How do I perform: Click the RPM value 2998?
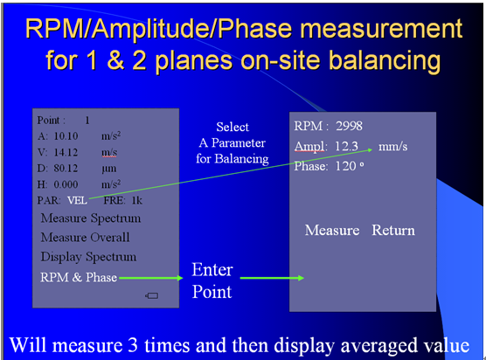349,126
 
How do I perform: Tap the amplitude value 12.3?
346,146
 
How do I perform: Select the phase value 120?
346,166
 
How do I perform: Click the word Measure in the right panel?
332,230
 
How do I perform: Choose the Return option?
393,230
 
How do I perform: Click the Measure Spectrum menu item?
91,218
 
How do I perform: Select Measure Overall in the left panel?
86,238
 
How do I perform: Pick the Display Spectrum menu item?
88,257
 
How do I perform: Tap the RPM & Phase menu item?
79,277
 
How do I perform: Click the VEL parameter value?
78,200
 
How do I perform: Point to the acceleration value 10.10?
66,136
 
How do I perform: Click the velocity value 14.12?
66,152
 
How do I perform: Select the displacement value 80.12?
66,169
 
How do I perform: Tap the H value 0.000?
66,184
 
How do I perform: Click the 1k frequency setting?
137,200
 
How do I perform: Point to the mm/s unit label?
393,146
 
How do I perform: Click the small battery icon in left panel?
151,296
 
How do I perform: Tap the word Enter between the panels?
212,269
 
